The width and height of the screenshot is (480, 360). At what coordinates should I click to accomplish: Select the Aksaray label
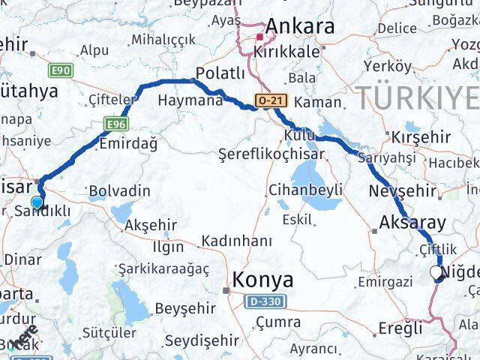[x=413, y=223]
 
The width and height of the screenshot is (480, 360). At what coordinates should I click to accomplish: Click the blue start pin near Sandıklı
[x=37, y=201]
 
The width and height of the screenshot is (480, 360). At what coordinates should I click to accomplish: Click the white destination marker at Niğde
[x=437, y=273]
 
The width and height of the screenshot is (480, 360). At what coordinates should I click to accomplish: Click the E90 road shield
[x=61, y=70]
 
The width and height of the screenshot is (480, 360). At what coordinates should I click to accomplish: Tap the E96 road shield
[x=115, y=124]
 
